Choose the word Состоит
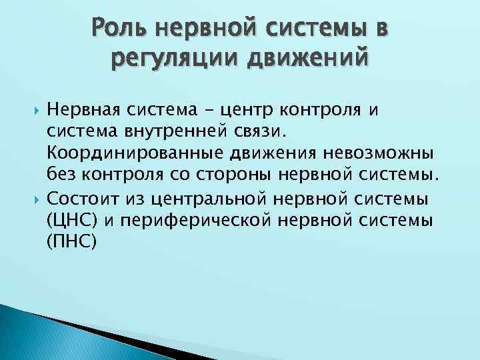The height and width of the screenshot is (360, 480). (x=79, y=198)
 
